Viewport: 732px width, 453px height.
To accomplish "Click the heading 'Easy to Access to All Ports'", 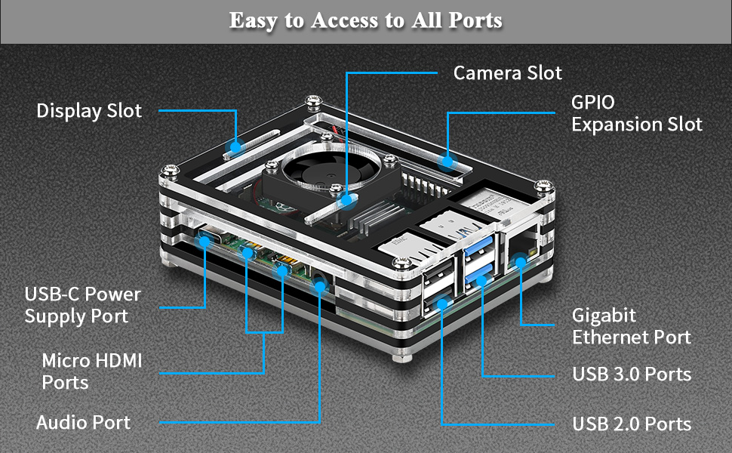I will point(365,20).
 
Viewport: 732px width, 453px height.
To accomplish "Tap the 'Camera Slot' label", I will point(507,73).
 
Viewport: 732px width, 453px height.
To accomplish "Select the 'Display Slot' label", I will point(89,111).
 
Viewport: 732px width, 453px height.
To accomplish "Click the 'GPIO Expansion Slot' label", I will point(636,113).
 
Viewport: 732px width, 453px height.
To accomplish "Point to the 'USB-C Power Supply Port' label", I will point(82,305).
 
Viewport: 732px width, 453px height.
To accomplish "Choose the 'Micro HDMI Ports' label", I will point(91,371).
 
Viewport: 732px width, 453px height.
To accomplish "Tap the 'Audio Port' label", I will point(83,423).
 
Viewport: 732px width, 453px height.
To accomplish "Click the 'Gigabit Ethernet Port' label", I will point(631,325).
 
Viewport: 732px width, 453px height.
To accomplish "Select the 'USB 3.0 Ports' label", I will point(631,374).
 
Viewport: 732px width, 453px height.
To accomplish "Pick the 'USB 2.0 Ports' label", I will point(631,424).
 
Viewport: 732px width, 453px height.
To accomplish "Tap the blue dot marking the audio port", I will point(321,286).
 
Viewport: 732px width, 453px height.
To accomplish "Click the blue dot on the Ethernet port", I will point(520,261).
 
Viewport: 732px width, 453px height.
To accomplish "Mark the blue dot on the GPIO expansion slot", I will point(448,161).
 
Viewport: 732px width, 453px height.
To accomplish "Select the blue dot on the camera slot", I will point(346,201).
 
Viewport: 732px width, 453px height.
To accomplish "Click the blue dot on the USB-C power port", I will point(205,242).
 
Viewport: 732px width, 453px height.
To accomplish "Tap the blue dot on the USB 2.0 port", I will point(441,305).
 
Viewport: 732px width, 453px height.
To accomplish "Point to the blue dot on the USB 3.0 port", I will point(481,280).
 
